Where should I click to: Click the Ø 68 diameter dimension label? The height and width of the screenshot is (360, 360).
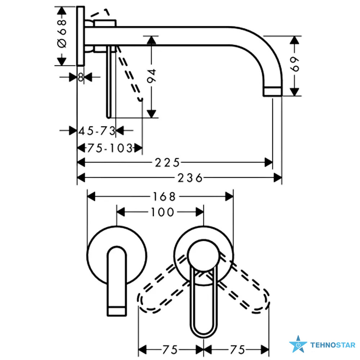62,33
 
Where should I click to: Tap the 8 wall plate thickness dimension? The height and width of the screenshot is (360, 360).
80,77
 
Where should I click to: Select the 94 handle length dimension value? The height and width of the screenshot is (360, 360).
152,76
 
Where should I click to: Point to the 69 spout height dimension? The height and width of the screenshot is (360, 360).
295,64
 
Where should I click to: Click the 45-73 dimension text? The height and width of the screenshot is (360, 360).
97,131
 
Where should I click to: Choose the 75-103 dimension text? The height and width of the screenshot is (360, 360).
110,148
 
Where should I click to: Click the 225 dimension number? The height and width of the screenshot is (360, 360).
167,163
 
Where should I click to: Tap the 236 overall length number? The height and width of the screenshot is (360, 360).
190,178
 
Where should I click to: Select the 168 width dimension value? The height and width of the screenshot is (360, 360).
164,197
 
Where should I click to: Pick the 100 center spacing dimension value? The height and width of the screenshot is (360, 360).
162,212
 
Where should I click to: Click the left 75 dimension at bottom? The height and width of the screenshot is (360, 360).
170,350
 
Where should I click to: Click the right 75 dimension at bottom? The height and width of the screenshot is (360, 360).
238,350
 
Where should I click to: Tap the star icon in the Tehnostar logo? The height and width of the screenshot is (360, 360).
298,344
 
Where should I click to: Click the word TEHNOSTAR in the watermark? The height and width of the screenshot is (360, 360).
333,345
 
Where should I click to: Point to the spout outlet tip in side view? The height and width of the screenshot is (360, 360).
272,91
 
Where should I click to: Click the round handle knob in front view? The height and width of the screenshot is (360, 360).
203,255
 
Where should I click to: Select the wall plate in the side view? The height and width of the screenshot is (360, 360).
81,36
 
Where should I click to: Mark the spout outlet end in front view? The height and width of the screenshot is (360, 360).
117,311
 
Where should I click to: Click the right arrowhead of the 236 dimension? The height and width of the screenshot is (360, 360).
278,178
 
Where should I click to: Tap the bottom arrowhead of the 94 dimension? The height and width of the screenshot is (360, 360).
151,114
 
